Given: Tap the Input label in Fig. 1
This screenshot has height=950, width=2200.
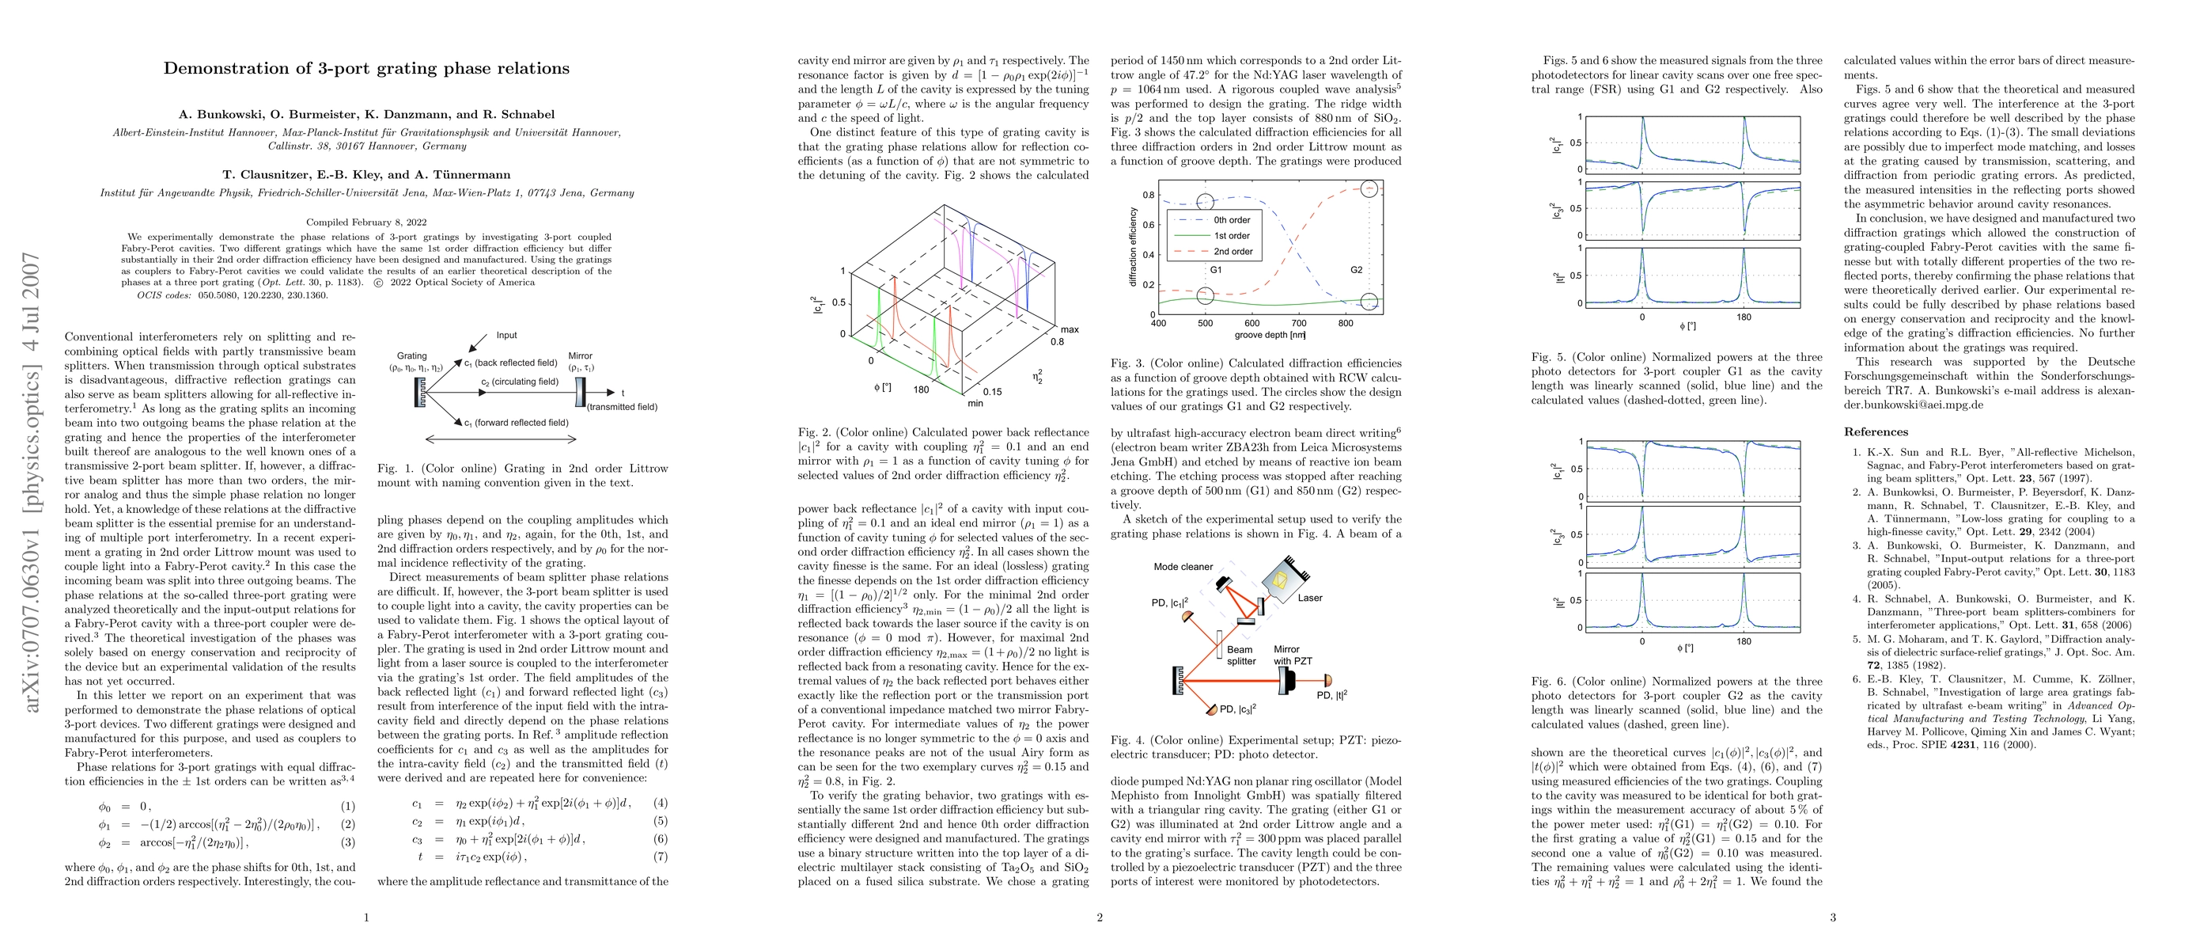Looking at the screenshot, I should click(506, 336).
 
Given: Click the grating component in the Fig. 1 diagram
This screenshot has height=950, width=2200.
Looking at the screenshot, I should click(418, 393).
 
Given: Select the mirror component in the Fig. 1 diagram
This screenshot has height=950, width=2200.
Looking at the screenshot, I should click(581, 393).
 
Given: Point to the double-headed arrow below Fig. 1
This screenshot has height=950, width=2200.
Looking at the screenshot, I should click(501, 439).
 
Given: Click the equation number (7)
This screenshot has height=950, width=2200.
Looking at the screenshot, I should click(661, 856).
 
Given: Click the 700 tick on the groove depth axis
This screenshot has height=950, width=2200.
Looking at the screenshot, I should click(1299, 324).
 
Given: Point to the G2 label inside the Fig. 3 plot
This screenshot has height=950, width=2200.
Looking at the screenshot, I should click(1356, 270).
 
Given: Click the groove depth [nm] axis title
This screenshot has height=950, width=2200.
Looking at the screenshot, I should click(1269, 335).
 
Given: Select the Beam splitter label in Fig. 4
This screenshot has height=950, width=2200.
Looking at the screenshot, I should click(1241, 655).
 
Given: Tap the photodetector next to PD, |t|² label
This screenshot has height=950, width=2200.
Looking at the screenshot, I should click(1327, 680).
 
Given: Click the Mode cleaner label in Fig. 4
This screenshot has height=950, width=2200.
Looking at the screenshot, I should click(1183, 566).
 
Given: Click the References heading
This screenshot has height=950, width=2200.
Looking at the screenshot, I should click(1876, 432).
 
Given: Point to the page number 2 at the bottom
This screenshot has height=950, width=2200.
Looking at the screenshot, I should click(1099, 918).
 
